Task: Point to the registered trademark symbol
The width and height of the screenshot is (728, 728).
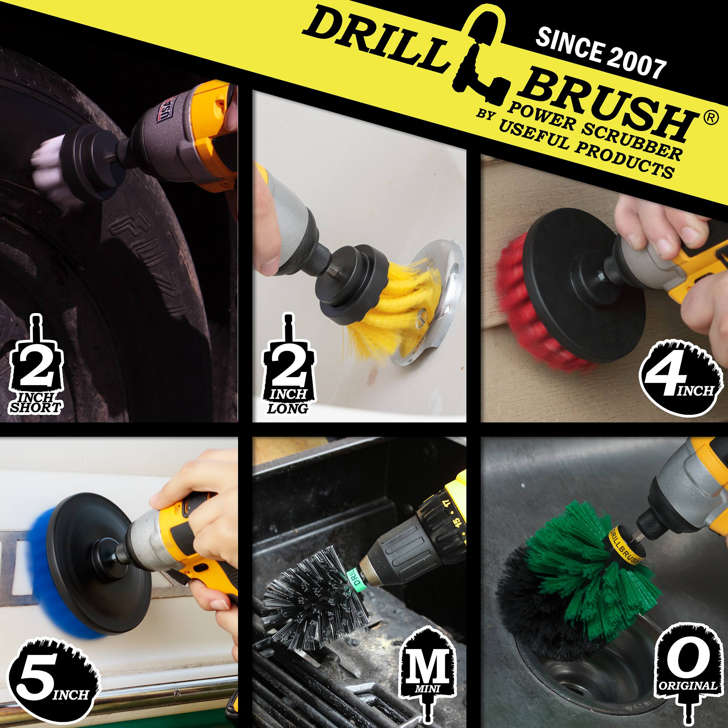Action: click(x=710, y=118)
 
